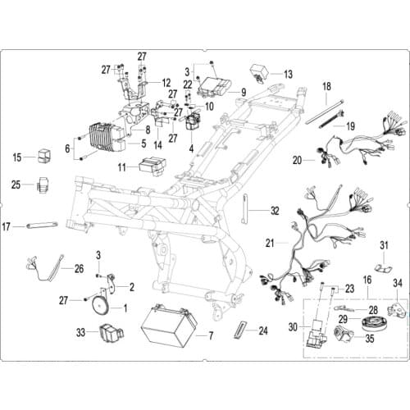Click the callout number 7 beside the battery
[211, 336]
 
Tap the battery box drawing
[168, 328]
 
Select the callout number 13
[288, 74]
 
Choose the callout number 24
[262, 331]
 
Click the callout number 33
[80, 333]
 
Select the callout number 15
[17, 156]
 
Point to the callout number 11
[121, 167]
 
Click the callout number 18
[326, 86]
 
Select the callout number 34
[398, 284]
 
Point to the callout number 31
[384, 246]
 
